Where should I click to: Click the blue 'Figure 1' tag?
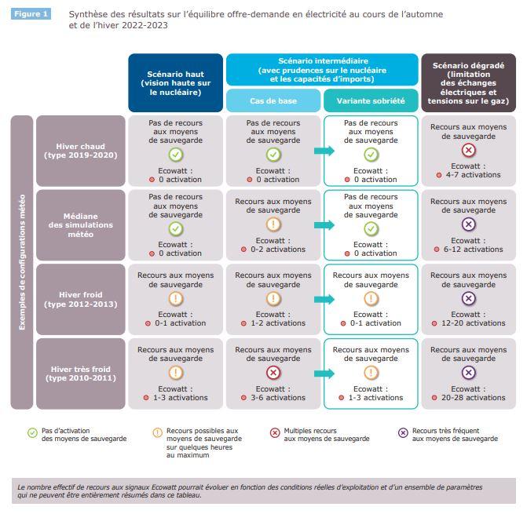click(31, 14)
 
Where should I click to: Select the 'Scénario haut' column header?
click(175, 83)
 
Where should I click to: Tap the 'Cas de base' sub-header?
click(273, 100)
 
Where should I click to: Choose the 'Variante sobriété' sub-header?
click(371, 100)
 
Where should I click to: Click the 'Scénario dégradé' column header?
click(469, 83)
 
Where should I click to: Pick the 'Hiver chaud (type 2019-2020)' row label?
click(81, 151)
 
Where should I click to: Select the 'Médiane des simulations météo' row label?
click(81, 225)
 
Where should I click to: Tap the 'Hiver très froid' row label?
click(81, 374)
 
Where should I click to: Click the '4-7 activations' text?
click(474, 175)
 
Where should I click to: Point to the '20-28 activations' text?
click(474, 398)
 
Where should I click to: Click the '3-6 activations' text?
click(278, 398)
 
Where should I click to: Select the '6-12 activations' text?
click(474, 249)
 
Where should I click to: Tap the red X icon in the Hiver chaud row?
click(469, 150)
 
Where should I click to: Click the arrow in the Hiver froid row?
click(324, 299)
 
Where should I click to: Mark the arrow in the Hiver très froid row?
click(324, 374)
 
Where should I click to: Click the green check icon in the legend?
click(32, 432)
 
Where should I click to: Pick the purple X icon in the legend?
click(403, 432)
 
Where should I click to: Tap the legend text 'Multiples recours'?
click(310, 431)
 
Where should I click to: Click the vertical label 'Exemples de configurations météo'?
click(22, 262)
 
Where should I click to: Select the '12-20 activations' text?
click(474, 323)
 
